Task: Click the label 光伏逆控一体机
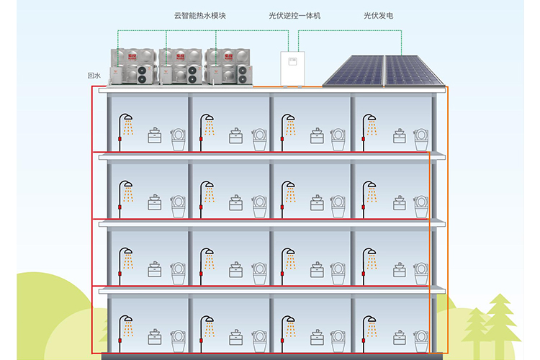pyautogui.click(x=294, y=14)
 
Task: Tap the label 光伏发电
pyautogui.click(x=379, y=14)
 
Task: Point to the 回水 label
pyautogui.click(x=92, y=75)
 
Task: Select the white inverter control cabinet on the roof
pyautogui.click(x=292, y=67)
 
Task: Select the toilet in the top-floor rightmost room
pyautogui.click(x=421, y=139)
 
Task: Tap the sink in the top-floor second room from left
pyautogui.click(x=235, y=136)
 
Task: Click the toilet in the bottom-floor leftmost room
pyautogui.click(x=178, y=338)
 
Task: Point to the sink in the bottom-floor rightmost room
pyautogui.click(x=398, y=337)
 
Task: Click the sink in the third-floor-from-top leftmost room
pyautogui.click(x=154, y=270)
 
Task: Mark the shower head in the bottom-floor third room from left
pyautogui.click(x=288, y=319)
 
